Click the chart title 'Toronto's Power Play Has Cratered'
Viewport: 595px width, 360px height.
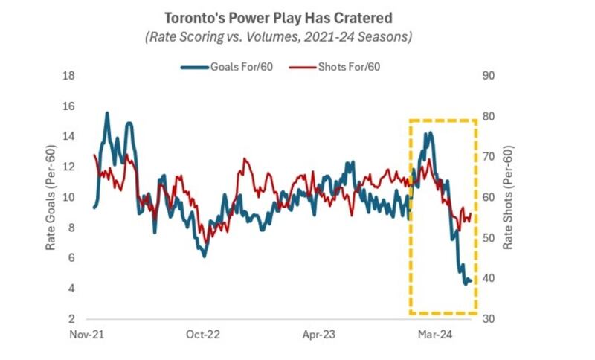(x=278, y=18)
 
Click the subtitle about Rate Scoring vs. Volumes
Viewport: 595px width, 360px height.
(x=278, y=36)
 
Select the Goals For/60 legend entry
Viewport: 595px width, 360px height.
(x=227, y=67)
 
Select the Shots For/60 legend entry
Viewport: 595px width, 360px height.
(x=334, y=67)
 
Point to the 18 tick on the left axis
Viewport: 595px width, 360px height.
(x=68, y=75)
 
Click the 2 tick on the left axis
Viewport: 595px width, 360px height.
(x=71, y=318)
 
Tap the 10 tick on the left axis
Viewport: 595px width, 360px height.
(x=68, y=197)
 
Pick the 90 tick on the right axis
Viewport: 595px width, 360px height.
(x=489, y=75)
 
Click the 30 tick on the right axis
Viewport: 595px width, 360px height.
(x=489, y=318)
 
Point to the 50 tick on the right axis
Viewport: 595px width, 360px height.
(x=489, y=238)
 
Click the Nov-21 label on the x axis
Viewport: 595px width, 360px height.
(x=86, y=335)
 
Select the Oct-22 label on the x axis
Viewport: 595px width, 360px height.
(x=202, y=335)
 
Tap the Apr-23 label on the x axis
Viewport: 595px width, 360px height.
(x=319, y=335)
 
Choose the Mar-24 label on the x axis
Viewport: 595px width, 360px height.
(x=435, y=335)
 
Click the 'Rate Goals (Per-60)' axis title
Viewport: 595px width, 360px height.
(x=51, y=197)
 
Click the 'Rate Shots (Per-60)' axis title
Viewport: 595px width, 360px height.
(x=508, y=197)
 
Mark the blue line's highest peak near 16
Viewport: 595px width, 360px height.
(x=107, y=112)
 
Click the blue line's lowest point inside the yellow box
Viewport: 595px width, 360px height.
(x=466, y=284)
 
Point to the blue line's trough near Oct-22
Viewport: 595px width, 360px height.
(x=205, y=257)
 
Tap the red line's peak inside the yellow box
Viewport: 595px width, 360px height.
(x=429, y=159)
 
